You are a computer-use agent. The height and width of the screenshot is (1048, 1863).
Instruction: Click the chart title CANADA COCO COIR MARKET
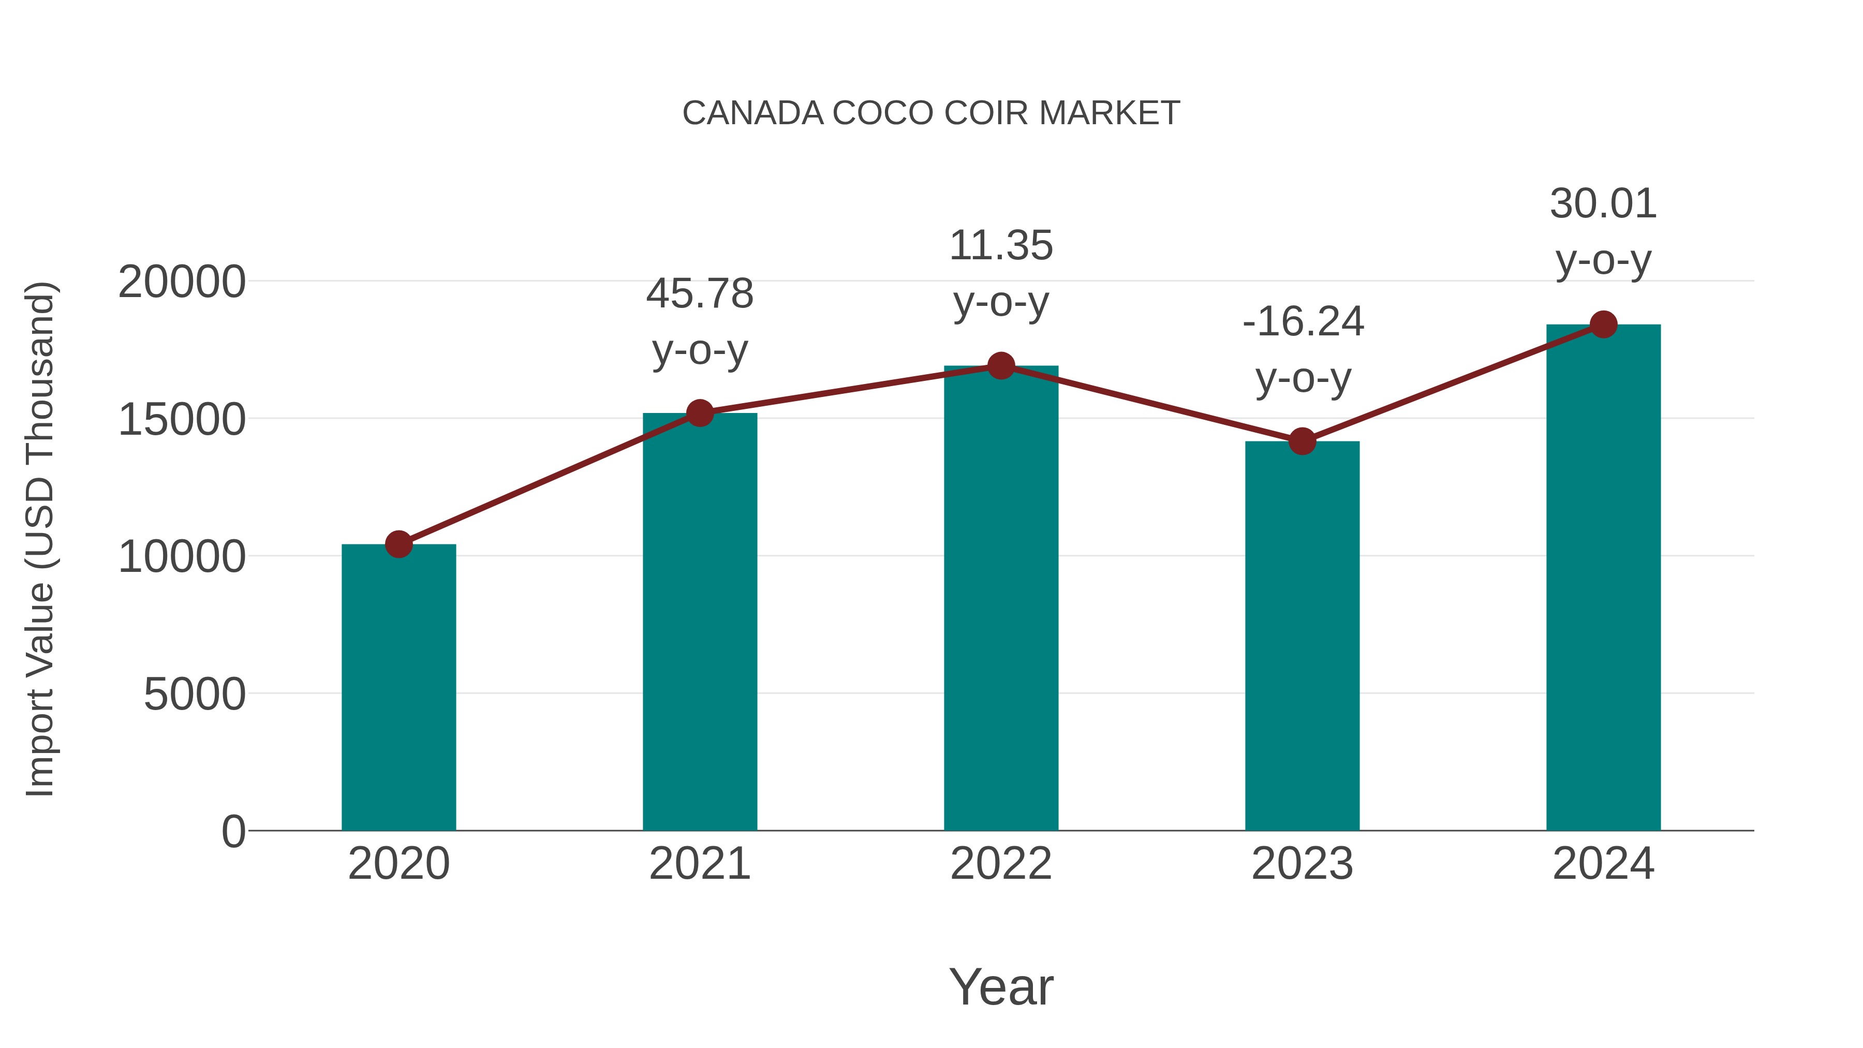(x=931, y=113)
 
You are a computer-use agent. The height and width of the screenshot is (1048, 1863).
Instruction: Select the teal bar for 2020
(x=398, y=687)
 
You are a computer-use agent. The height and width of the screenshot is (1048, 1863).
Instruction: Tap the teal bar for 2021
(x=699, y=622)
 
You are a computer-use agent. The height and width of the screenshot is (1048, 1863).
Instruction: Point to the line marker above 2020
(x=398, y=544)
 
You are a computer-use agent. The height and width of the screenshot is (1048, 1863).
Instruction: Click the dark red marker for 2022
(x=1001, y=366)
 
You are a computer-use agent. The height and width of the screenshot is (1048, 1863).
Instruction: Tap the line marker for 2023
(x=1302, y=440)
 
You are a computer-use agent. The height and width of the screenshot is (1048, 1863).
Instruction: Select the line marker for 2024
(x=1603, y=324)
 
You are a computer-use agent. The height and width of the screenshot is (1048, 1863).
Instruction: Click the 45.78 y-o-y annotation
(x=699, y=322)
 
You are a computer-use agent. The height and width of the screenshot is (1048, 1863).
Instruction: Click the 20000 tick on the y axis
(x=182, y=282)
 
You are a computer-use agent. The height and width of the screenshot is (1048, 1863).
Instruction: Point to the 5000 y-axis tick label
(x=195, y=695)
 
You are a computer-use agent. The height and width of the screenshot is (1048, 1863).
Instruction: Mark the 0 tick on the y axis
(x=233, y=832)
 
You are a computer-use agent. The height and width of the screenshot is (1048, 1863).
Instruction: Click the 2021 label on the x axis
(x=699, y=864)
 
